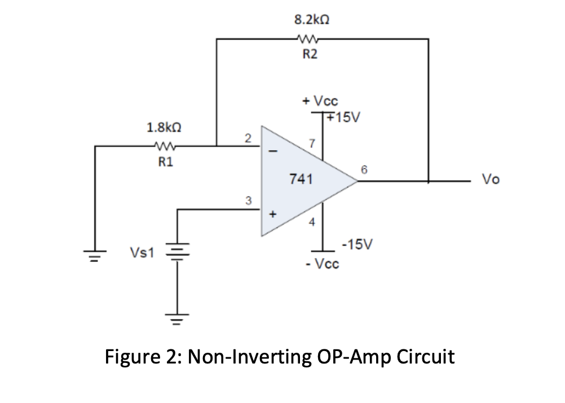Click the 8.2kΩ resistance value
(312, 20)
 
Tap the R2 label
(310, 54)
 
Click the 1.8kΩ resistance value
(164, 128)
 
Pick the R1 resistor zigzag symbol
(164, 146)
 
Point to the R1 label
(166, 162)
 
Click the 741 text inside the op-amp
(301, 179)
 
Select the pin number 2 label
(248, 138)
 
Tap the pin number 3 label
(248, 200)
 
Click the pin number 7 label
(312, 143)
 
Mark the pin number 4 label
(312, 222)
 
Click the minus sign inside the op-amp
(273, 151)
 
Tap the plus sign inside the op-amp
(273, 214)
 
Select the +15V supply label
(343, 117)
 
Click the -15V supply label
(357, 244)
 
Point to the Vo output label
(491, 179)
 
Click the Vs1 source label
(142, 252)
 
